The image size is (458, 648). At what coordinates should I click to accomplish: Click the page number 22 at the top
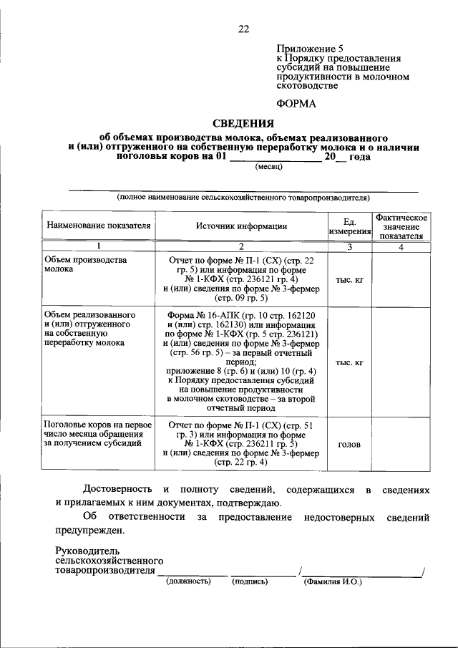[x=243, y=29]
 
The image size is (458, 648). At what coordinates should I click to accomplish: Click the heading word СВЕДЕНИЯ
[x=243, y=123]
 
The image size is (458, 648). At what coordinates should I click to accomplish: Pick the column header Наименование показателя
[x=99, y=226]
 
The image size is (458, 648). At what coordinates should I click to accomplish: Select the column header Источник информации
[x=242, y=226]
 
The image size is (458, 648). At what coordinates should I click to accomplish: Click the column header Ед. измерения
[x=350, y=226]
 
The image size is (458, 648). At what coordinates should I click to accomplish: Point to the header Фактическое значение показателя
[x=401, y=226]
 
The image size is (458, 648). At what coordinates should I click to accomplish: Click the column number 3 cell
[x=350, y=247]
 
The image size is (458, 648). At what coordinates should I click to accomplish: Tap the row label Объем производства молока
[x=86, y=266]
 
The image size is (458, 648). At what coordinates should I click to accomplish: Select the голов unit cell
[x=350, y=444]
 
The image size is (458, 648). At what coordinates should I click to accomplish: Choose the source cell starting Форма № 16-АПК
[x=242, y=362]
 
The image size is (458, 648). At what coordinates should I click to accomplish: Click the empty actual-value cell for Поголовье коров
[x=401, y=444]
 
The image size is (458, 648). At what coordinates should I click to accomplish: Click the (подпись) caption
[x=249, y=581]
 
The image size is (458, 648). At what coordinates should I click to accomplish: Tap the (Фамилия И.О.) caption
[x=333, y=581]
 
